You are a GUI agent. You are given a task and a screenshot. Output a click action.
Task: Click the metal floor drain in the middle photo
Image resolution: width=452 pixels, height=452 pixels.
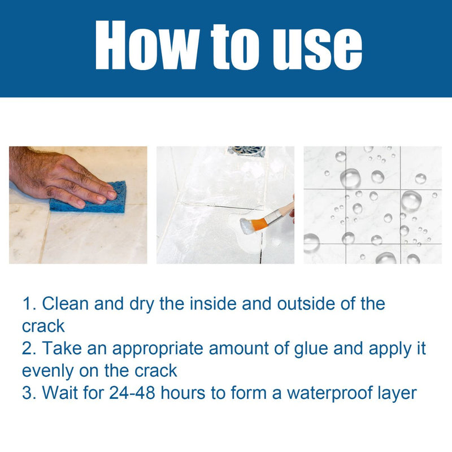coord(246,151)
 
